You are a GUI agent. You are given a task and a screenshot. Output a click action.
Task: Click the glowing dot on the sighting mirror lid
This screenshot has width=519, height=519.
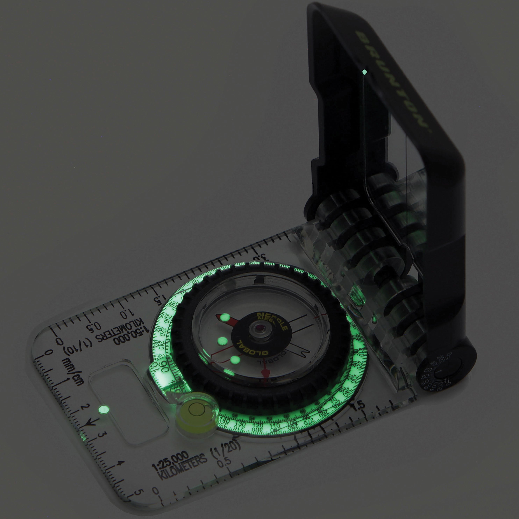[x=365, y=72]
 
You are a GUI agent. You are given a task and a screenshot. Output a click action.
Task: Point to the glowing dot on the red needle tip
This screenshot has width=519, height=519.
[x=225, y=318]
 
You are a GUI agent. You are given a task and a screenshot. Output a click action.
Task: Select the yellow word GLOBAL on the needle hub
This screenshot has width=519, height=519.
[x=251, y=348]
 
